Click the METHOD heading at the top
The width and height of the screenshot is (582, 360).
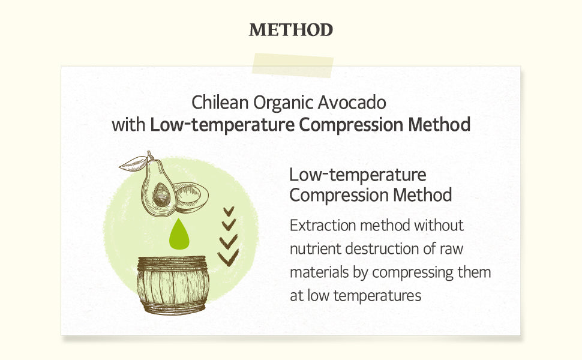290,30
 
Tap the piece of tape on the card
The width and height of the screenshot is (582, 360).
292,65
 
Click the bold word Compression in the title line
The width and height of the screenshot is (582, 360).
351,125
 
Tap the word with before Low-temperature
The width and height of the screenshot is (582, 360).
128,125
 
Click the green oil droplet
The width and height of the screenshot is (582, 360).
179,234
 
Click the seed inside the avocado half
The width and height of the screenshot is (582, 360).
161,195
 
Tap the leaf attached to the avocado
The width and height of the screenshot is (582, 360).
133,163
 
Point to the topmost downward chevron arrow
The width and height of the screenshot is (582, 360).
229,211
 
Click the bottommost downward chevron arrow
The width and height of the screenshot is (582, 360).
228,258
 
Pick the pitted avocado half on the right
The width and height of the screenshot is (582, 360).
191,197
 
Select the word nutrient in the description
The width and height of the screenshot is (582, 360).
315,248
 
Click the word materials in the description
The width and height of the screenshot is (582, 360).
319,272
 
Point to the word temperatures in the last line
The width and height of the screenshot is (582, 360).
377,296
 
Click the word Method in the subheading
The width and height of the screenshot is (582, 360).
422,195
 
